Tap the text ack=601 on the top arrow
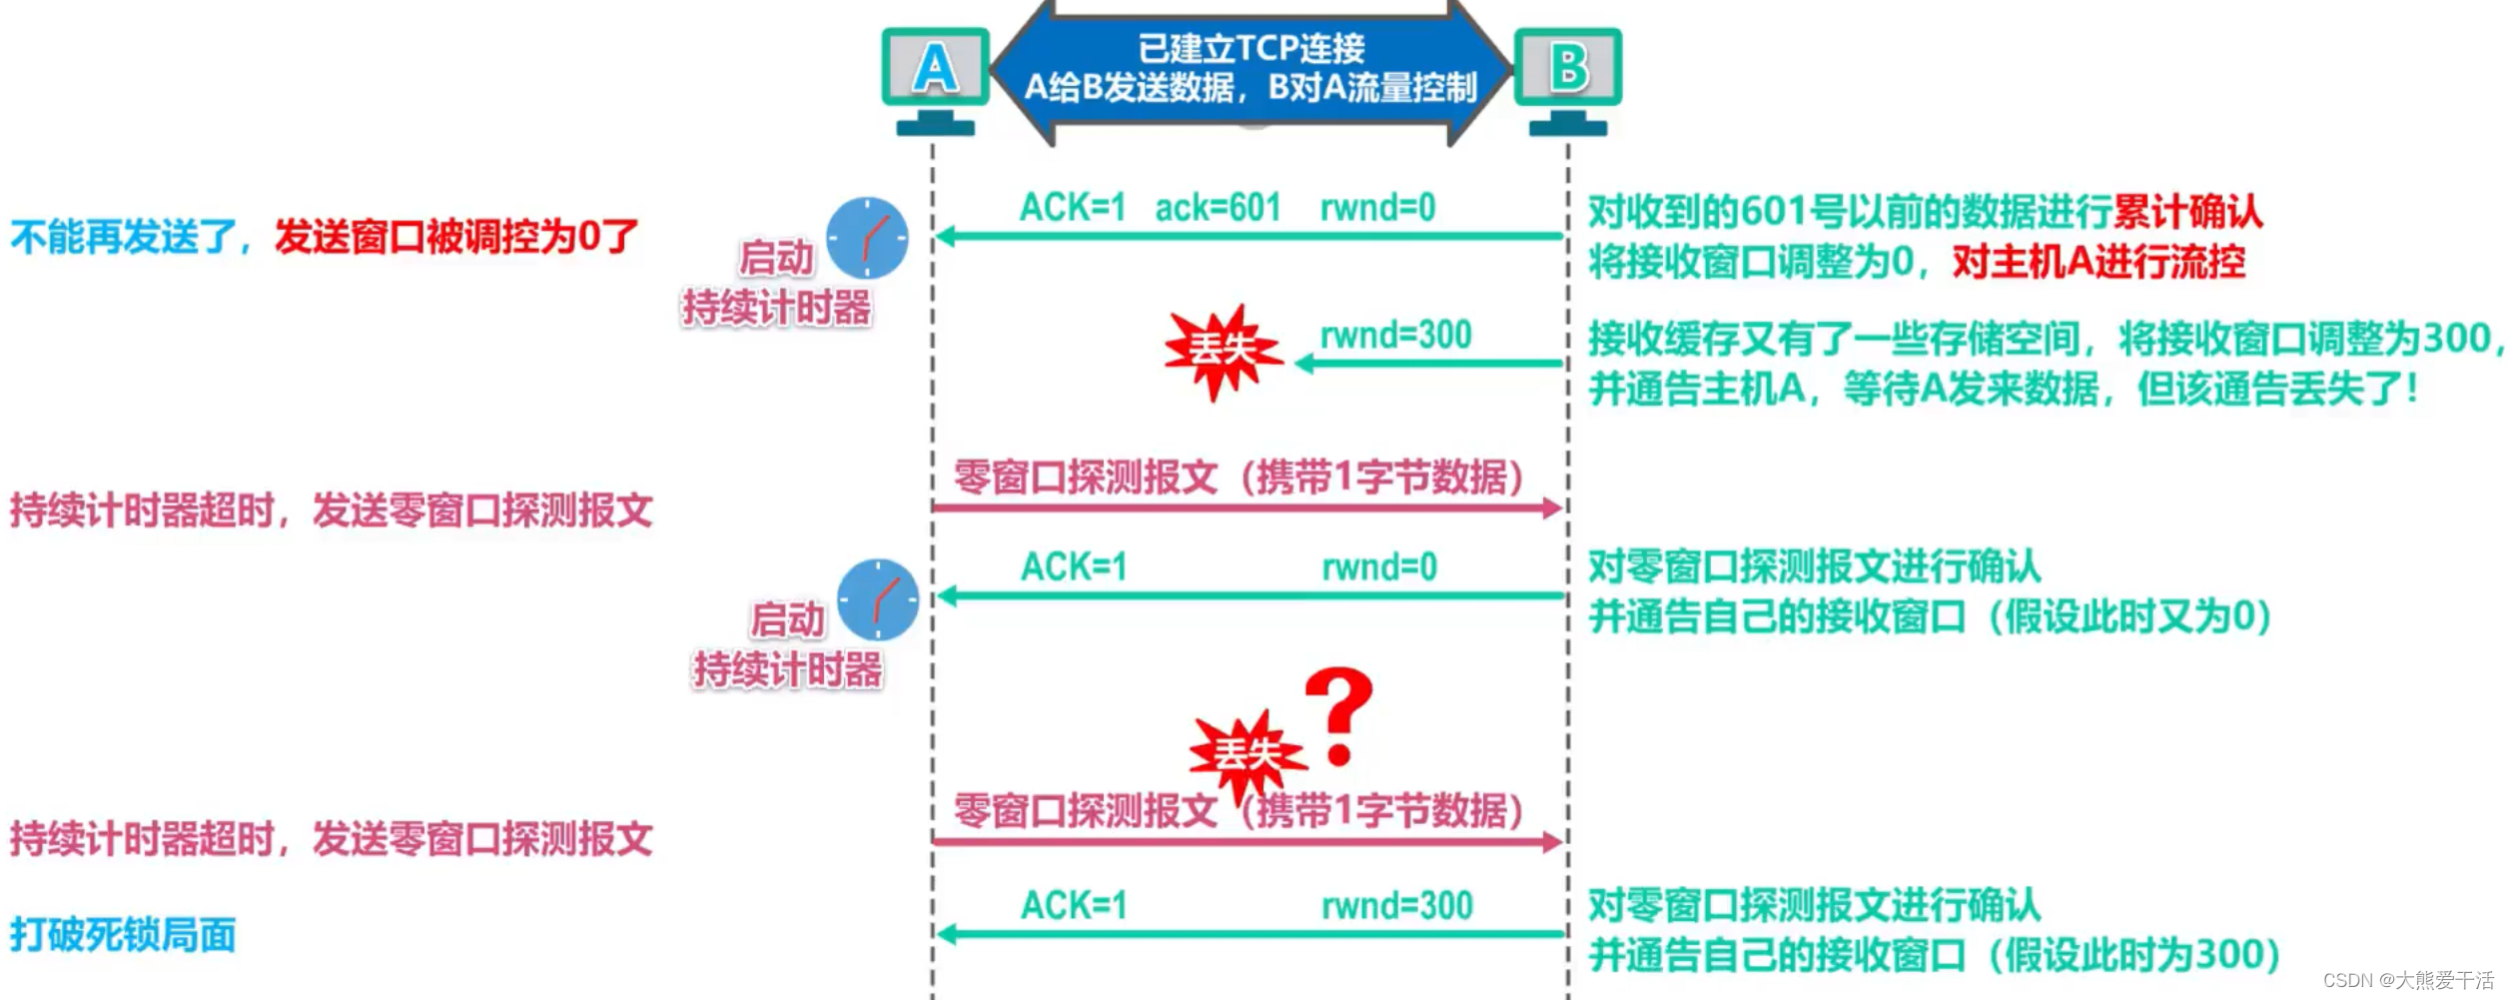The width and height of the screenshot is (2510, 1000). coord(1218,208)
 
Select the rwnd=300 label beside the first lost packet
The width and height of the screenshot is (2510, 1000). coord(1395,335)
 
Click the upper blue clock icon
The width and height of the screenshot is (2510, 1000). coord(867,238)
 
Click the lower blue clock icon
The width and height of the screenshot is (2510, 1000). coord(877,599)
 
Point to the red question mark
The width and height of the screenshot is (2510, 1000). coord(1338,714)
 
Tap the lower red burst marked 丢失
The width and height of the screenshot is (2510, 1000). coord(1247,754)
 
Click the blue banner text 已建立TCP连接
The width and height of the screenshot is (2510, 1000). coord(1251,48)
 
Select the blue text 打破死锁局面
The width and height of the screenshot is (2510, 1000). coord(123,935)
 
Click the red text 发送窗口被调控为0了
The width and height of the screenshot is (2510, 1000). coord(455,237)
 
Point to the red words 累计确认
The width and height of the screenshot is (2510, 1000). coord(2187,212)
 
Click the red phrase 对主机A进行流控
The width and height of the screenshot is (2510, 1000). coord(2098,262)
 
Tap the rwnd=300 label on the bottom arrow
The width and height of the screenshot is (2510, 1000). coord(1396,906)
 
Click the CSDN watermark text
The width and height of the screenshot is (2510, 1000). coord(2407,980)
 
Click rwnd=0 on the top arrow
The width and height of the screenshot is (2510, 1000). coord(1377,208)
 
